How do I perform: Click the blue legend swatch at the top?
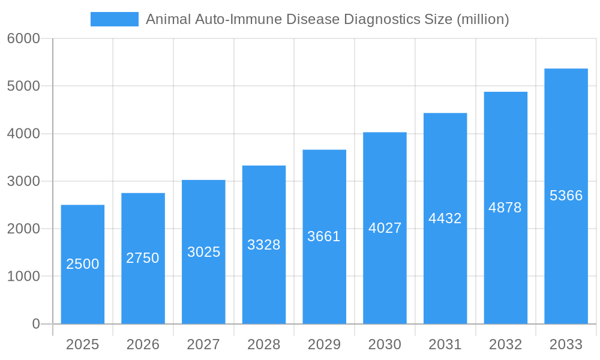pos(114,19)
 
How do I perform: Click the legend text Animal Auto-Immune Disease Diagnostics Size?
pos(327,19)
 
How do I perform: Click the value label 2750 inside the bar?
pos(143,258)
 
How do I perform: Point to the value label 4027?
pos(385,228)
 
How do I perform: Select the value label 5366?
pos(566,196)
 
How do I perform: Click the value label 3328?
pos(264,245)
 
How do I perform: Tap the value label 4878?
pos(505,208)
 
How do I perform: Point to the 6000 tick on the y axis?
pos(23,38)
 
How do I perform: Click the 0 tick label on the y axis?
pos(35,324)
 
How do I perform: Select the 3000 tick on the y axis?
pos(23,181)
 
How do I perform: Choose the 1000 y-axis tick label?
pos(23,277)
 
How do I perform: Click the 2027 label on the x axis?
pos(203,344)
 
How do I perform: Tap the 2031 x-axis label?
pos(445,344)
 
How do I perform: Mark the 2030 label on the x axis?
pos(385,344)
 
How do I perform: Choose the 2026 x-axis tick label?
pos(143,344)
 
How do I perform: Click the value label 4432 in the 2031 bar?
pos(445,218)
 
